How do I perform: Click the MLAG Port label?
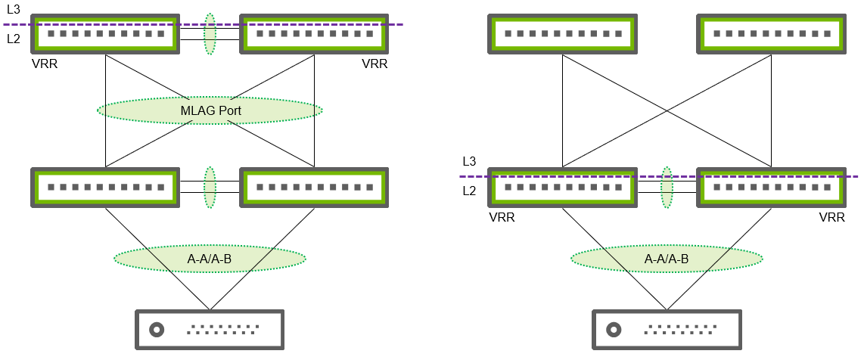210,110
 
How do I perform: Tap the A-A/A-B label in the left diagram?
210,259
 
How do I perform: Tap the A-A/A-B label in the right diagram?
667,259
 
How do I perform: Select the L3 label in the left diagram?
14,8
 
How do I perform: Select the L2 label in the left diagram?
14,39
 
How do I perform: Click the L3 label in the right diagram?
470,162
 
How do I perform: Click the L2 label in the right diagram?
470,191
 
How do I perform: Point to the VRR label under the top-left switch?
45,64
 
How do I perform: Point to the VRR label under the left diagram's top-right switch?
375,64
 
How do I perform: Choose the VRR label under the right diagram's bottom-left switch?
502,217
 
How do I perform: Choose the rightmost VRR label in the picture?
831,217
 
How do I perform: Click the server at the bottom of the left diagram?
210,330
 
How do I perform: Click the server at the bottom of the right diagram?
667,330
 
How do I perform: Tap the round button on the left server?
157,331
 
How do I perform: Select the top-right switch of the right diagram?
770,34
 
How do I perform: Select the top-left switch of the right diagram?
562,34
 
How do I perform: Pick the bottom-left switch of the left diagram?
105,187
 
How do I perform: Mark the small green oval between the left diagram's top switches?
210,33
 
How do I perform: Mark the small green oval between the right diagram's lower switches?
667,187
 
